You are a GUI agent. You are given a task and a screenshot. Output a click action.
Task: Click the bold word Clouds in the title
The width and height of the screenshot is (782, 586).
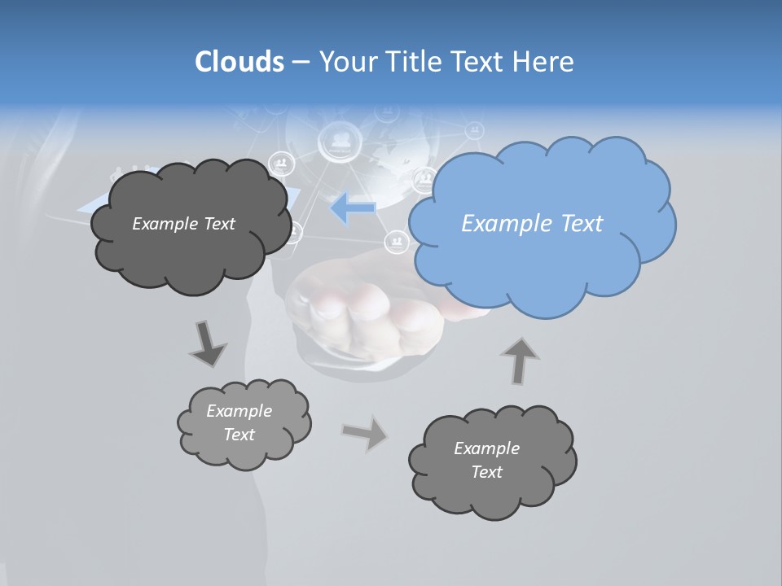tap(239, 62)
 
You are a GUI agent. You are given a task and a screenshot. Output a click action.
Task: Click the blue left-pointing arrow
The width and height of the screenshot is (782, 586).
tap(354, 208)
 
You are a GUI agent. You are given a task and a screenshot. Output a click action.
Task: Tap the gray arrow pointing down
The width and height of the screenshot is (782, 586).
tap(208, 343)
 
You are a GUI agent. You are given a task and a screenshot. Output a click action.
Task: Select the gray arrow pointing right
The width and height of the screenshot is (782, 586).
tap(365, 433)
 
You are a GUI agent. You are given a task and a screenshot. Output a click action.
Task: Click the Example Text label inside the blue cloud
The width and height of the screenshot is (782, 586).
tap(532, 224)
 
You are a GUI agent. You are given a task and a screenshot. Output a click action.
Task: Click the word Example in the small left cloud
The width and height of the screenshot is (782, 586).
tap(239, 411)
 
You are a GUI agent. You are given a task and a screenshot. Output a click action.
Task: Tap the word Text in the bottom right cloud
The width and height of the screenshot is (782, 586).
tap(486, 472)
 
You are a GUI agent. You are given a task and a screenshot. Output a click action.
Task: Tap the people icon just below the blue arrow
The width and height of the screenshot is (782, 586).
tap(397, 241)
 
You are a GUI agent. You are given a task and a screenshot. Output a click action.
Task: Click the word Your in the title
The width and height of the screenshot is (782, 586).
tap(347, 62)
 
